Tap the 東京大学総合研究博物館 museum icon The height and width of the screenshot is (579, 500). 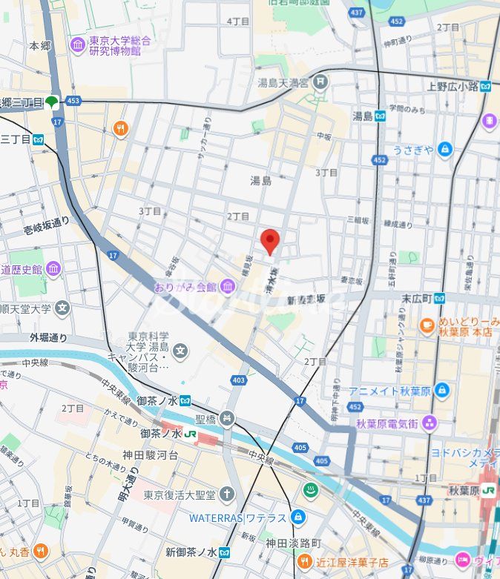[78, 45]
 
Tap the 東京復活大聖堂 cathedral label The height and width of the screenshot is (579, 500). [179, 494]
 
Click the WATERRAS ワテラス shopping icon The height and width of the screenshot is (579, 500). [298, 516]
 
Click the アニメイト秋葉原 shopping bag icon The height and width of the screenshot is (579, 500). [442, 390]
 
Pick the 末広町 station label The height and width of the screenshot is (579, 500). [418, 298]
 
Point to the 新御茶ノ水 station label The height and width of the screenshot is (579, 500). [190, 552]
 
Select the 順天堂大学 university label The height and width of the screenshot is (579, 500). [25, 308]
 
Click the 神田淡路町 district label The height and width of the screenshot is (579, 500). [294, 542]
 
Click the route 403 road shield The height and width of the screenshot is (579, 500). [238, 380]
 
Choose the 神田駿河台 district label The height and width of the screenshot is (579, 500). [150, 454]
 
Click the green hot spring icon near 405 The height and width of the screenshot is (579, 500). [310, 490]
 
